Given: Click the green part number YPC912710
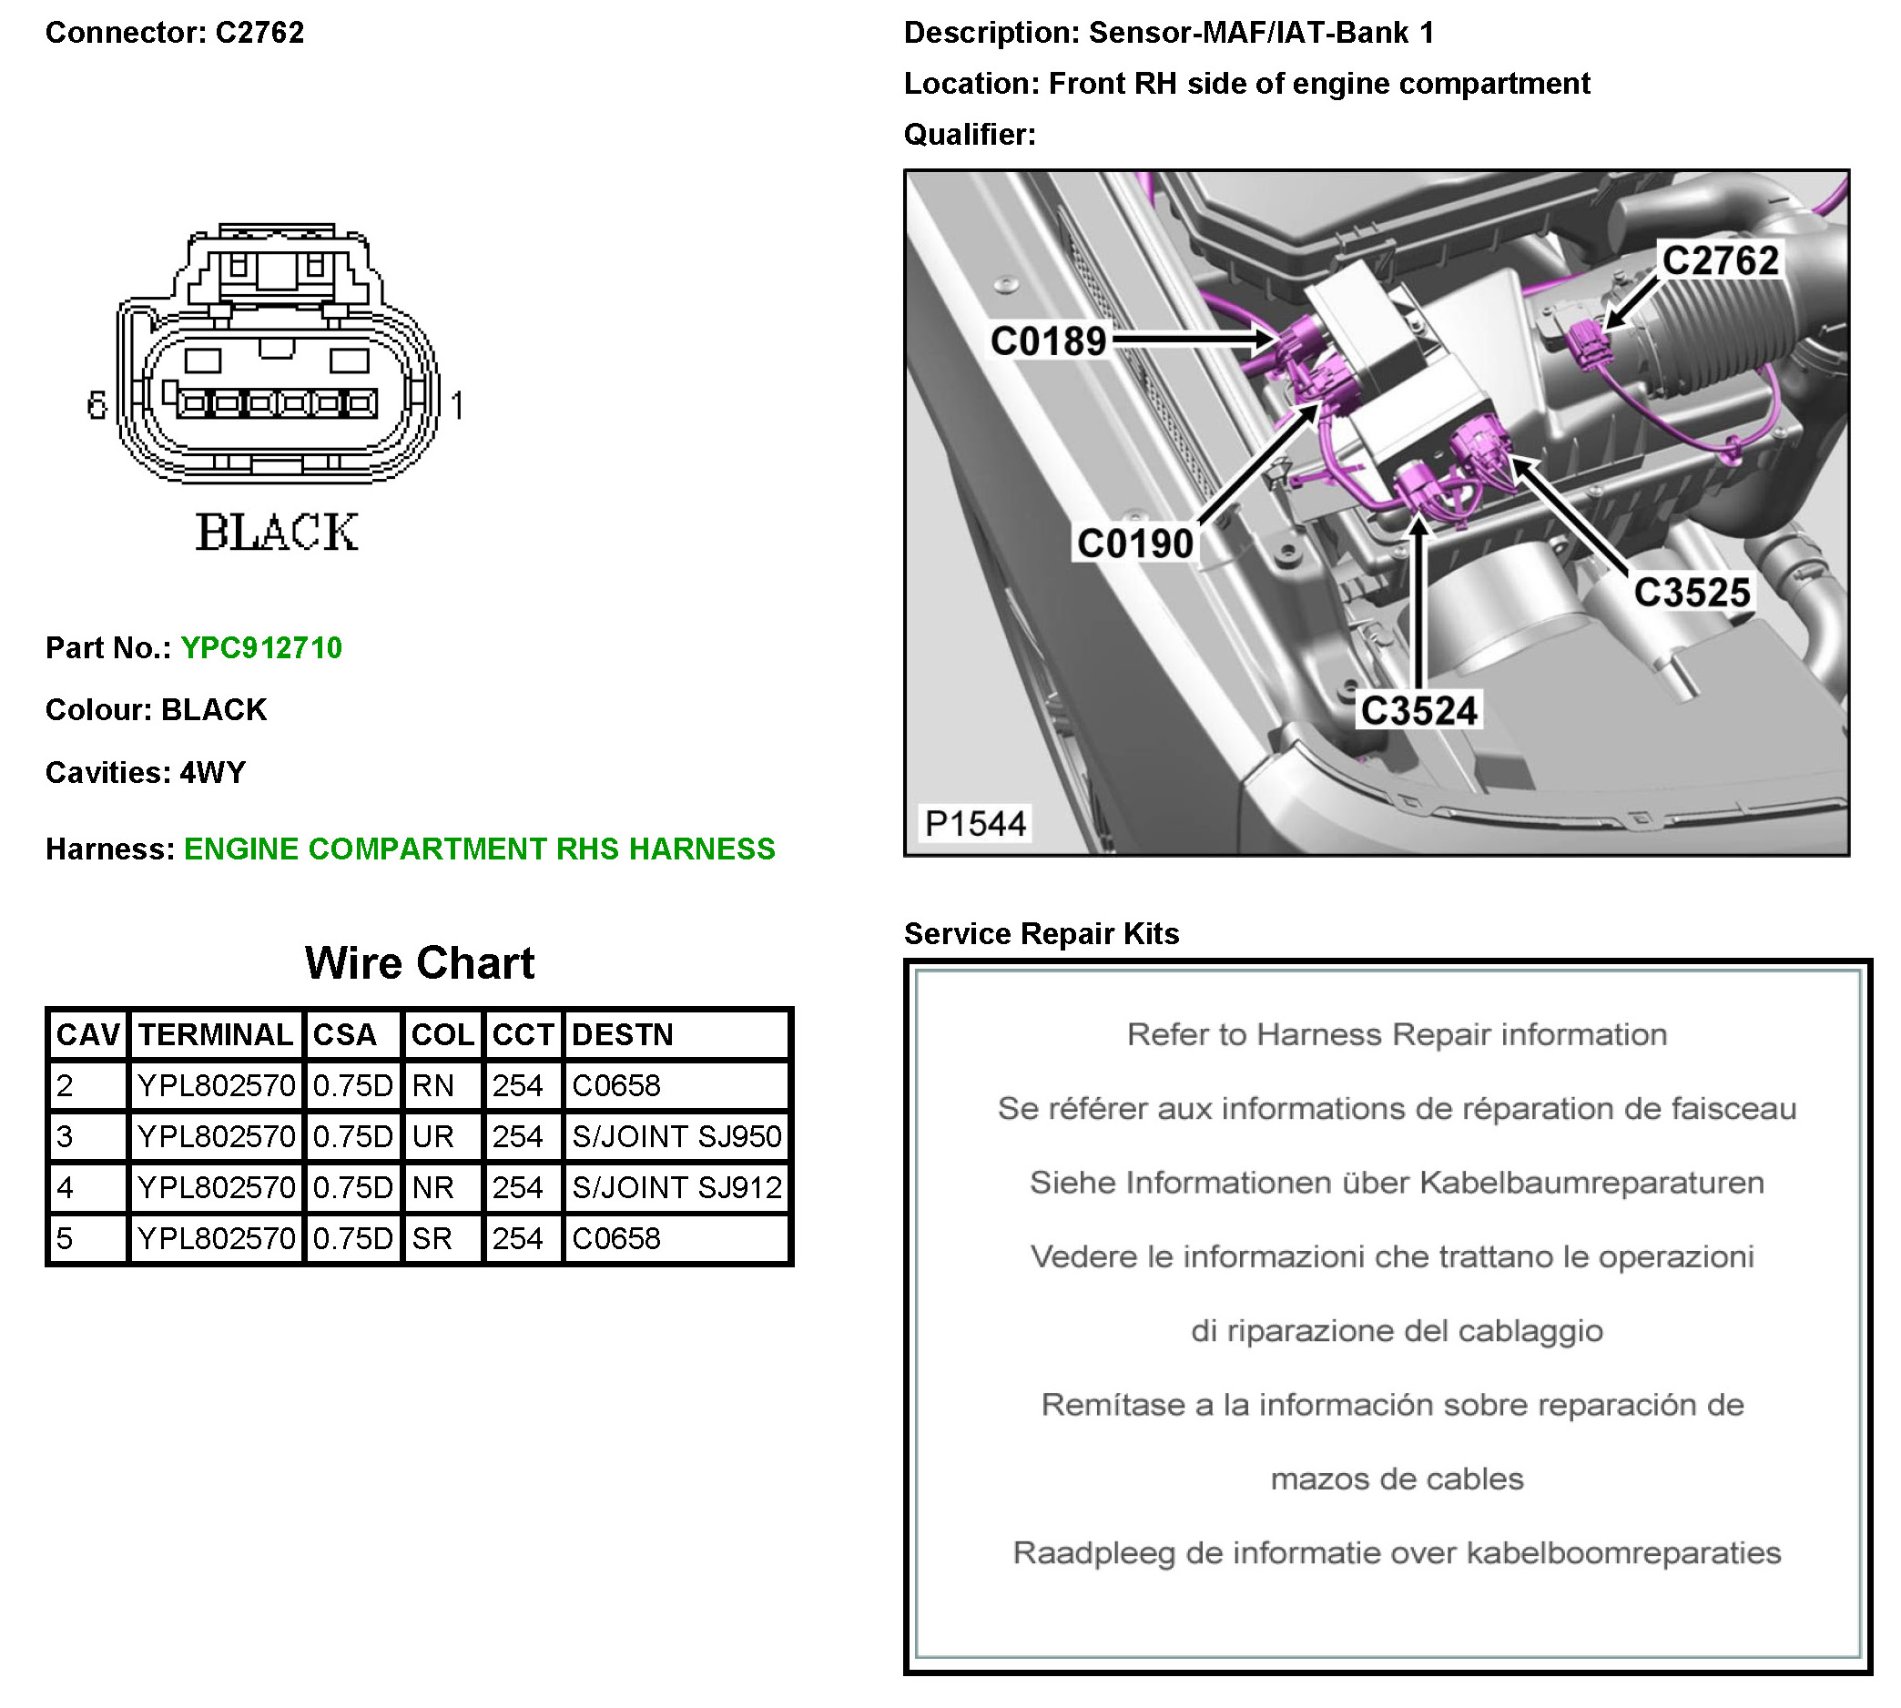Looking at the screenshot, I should click(x=261, y=648).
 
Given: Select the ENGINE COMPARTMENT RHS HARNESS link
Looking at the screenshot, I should click(x=480, y=849).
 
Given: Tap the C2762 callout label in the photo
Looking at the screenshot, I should click(x=1720, y=261).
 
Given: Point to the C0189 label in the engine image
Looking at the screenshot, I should click(x=1048, y=341).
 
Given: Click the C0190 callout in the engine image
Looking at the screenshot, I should click(x=1134, y=544).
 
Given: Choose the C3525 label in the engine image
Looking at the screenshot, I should click(x=1691, y=593).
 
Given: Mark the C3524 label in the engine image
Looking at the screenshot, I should click(x=1418, y=711).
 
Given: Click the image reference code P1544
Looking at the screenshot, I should click(x=975, y=824).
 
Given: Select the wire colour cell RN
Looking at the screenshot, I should click(x=432, y=1087).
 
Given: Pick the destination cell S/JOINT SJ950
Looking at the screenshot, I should click(x=676, y=1137).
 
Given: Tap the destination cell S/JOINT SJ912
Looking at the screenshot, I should click(x=676, y=1188).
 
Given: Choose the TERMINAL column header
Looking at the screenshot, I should click(x=216, y=1035).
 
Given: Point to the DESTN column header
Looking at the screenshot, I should click(x=622, y=1035).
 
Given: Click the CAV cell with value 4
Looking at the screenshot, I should click(x=65, y=1188).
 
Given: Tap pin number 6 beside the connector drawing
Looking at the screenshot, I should click(x=97, y=405).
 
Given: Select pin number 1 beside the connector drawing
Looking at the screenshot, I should click(x=457, y=406).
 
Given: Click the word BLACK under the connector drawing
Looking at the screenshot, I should click(x=277, y=532).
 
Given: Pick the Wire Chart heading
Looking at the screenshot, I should click(x=420, y=964).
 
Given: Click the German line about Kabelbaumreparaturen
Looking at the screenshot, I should click(x=1397, y=1184).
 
